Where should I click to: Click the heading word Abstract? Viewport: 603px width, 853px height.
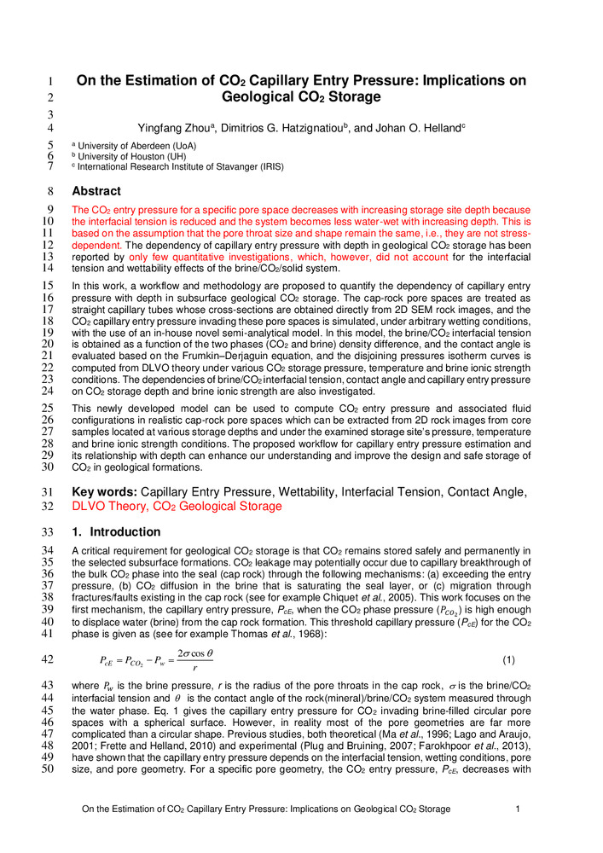click(x=96, y=191)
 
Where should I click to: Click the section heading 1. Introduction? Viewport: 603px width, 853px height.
click(x=116, y=531)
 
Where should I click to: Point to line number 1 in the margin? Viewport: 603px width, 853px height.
click(x=51, y=82)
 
